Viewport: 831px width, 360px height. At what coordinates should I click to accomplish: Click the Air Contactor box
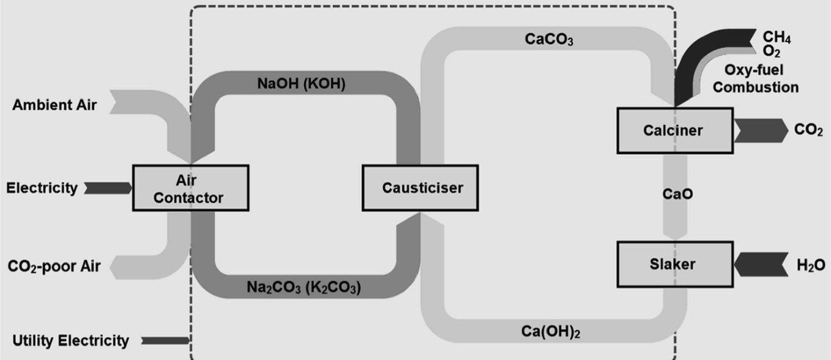pyautogui.click(x=190, y=187)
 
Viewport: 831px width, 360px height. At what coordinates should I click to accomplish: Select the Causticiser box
pyautogui.click(x=420, y=187)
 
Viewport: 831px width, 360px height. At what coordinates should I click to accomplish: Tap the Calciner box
pyautogui.click(x=674, y=130)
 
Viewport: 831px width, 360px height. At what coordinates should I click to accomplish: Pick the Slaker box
pyautogui.click(x=674, y=264)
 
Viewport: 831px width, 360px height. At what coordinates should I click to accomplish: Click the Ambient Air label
pyautogui.click(x=54, y=105)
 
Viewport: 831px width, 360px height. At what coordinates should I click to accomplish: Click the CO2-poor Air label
pyautogui.click(x=54, y=268)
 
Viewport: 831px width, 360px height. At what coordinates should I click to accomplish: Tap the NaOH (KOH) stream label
pyautogui.click(x=301, y=84)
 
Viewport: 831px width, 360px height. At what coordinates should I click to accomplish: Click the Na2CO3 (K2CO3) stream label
pyautogui.click(x=304, y=287)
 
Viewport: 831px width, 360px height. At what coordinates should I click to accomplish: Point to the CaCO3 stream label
pyautogui.click(x=550, y=40)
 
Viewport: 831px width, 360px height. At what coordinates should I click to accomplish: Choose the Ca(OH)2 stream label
pyautogui.click(x=551, y=332)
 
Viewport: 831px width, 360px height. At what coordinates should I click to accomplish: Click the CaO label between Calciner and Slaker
pyautogui.click(x=677, y=194)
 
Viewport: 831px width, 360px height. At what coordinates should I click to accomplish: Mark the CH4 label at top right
pyautogui.click(x=777, y=39)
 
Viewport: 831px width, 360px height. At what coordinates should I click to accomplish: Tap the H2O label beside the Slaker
pyautogui.click(x=811, y=265)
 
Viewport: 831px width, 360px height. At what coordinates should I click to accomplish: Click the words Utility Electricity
pyautogui.click(x=70, y=340)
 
